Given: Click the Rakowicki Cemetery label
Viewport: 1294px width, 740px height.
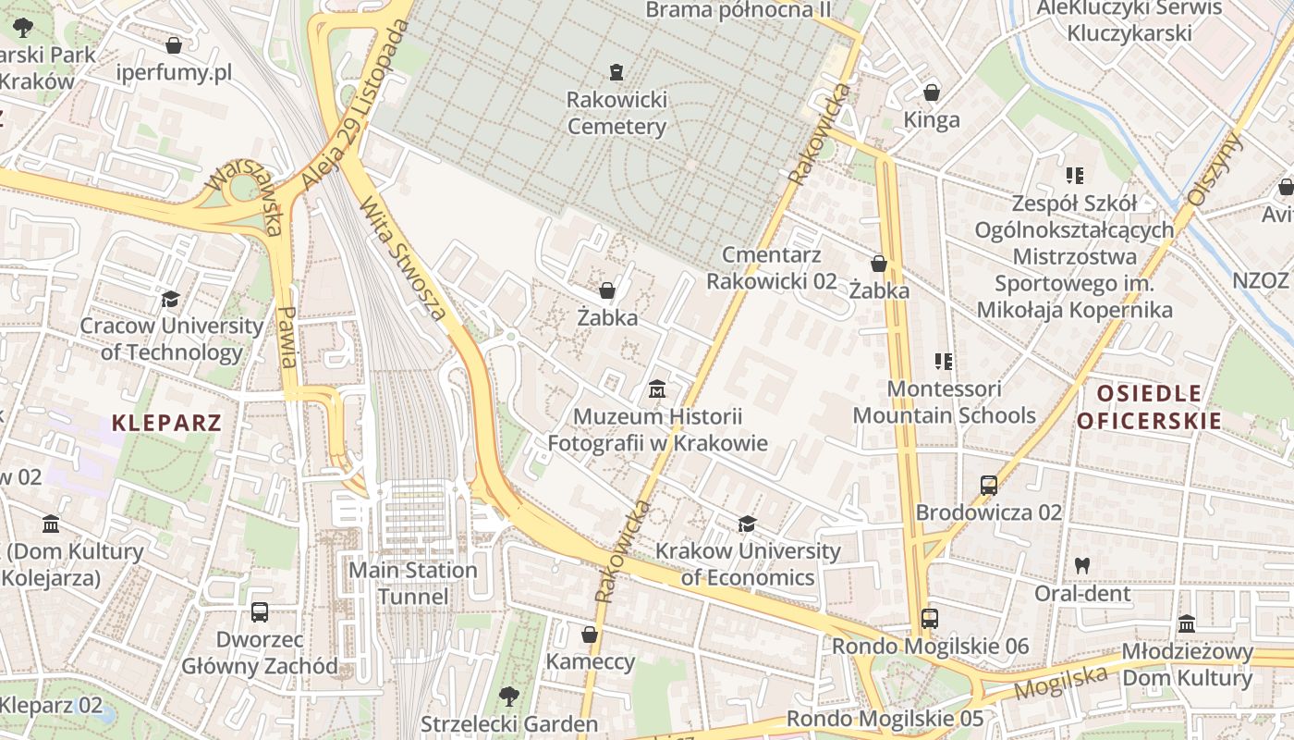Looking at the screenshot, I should coord(616,113).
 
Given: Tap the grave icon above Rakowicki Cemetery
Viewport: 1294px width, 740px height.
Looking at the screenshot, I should coord(616,71).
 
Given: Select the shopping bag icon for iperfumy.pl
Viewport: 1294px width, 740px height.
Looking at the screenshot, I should coord(174,44).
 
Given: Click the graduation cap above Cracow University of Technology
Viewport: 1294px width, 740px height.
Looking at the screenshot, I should coord(170,299).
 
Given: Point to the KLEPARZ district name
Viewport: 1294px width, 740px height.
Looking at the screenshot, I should coord(166,424).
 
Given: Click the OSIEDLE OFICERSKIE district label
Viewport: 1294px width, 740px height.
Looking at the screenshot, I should coord(1149,408).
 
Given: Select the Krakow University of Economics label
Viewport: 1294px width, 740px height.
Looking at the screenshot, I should coord(748,565).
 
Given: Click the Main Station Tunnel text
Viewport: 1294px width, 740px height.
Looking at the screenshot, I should coord(412,584).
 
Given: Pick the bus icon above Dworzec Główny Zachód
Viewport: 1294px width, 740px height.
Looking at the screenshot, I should coord(260,611).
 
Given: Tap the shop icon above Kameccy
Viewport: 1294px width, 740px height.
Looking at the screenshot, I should coord(590,635).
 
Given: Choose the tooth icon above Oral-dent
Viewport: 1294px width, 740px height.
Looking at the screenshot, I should coord(1081,565).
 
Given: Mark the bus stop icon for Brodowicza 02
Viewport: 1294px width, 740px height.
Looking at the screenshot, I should coord(988,485).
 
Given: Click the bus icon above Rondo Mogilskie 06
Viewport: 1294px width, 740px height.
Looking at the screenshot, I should coord(930,619).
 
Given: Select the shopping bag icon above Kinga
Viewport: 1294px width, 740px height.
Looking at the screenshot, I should coord(932,92).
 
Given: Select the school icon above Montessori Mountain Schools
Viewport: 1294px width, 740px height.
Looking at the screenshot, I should coord(944,361).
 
